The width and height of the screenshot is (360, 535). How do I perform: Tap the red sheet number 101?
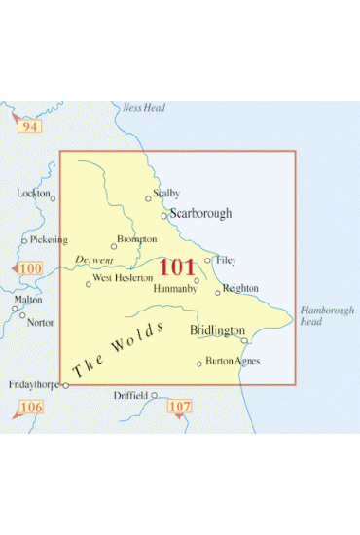tap(176, 267)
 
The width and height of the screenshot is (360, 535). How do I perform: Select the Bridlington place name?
tap(217, 331)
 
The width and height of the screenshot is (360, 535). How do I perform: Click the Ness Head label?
tap(140, 108)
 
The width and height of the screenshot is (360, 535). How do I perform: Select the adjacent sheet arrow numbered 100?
tap(27, 268)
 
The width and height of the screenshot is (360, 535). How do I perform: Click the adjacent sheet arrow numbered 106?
tap(28, 407)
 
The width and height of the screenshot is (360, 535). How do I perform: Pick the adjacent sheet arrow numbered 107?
tap(180, 407)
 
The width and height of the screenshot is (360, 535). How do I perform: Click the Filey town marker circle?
tap(207, 260)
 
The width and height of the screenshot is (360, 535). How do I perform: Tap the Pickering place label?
tap(49, 239)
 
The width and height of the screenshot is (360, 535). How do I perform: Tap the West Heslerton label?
tap(123, 279)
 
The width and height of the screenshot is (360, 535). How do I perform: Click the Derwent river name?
tap(95, 261)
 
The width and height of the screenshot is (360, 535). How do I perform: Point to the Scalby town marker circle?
tap(148, 199)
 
